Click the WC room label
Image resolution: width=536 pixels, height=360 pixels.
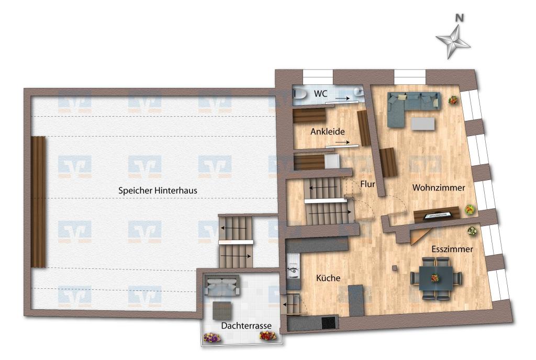point(321,93)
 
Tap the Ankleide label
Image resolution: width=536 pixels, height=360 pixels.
point(328,131)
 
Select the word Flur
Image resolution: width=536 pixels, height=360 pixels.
point(367,184)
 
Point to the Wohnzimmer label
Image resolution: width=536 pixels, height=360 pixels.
point(439,187)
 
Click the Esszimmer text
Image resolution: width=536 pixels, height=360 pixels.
point(452,249)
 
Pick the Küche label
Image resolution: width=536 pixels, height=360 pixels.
point(328,278)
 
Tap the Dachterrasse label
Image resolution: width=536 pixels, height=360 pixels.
point(246,326)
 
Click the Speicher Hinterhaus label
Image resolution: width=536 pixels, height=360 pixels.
point(158,190)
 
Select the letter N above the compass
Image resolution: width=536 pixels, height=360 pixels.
point(460,18)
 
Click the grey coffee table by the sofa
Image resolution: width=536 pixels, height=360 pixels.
point(423,123)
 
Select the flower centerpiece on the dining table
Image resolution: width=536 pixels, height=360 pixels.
point(435,278)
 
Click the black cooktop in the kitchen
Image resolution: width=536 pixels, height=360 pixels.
point(328,323)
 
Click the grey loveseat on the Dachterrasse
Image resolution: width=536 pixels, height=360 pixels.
point(222,286)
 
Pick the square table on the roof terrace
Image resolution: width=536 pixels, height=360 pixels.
point(222,311)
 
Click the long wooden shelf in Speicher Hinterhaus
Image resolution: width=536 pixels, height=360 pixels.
point(38,202)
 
